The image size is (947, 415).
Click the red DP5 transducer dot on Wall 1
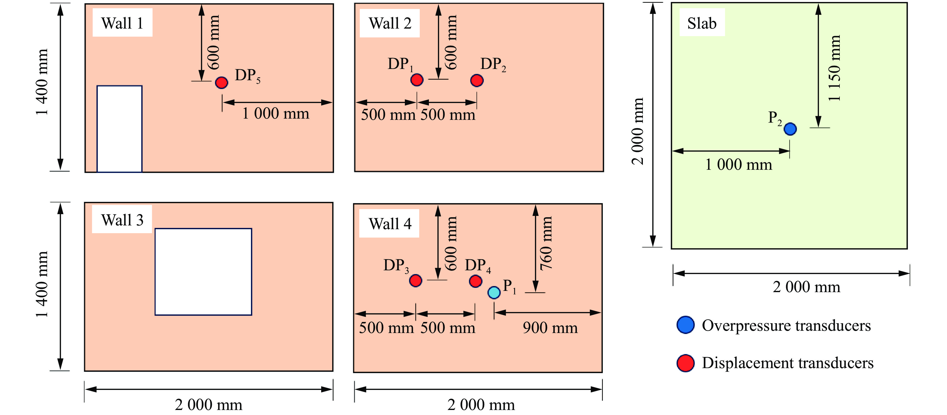[x=221, y=82]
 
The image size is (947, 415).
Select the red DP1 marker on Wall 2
[x=417, y=79]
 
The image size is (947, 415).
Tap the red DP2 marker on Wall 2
[x=477, y=80]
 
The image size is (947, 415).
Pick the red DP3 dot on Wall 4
[x=415, y=281]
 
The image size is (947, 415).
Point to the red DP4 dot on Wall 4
[x=475, y=281]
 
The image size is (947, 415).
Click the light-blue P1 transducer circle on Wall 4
[x=494, y=292]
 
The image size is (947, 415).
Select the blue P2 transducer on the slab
[x=790, y=129]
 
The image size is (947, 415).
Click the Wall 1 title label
[x=122, y=23]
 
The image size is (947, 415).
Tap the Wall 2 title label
[x=390, y=23]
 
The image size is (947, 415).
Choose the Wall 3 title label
[x=122, y=220]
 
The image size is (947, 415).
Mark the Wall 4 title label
[x=390, y=224]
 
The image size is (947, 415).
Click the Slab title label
[x=702, y=23]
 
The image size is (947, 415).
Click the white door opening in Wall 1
[x=120, y=129]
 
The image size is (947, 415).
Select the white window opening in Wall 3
[x=203, y=272]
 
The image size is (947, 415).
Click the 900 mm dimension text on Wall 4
[x=550, y=328]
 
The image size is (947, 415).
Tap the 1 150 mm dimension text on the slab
[x=834, y=68]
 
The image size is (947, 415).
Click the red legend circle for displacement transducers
[x=685, y=363]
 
